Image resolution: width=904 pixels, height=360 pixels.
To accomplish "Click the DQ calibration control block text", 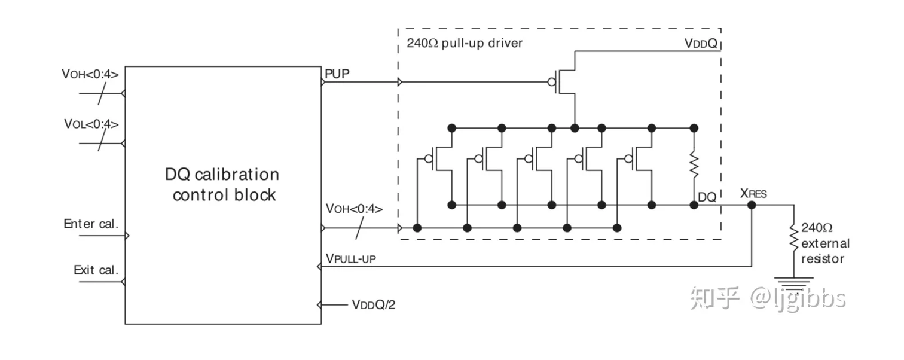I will (222, 185).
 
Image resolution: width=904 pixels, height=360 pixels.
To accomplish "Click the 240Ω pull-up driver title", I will (465, 44).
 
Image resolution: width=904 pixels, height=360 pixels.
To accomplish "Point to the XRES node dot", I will (752, 205).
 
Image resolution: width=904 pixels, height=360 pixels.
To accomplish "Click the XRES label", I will (753, 193).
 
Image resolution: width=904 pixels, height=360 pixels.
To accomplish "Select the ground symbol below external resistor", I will (794, 282).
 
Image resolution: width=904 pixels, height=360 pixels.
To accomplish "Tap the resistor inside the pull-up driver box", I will (694, 163).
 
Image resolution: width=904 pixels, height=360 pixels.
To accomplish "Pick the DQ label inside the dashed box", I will (707, 196).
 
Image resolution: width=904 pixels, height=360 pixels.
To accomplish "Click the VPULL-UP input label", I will (351, 258).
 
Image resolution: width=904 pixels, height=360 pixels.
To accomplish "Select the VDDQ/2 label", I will (374, 305).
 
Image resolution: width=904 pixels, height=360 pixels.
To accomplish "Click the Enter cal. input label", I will (91, 224).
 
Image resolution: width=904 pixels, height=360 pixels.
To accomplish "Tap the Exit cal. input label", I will (96, 270).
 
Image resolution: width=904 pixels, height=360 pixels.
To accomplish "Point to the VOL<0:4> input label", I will (91, 124).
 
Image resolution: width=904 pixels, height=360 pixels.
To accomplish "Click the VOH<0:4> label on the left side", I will (90, 74).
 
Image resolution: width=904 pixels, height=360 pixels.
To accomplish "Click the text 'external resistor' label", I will (825, 251).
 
